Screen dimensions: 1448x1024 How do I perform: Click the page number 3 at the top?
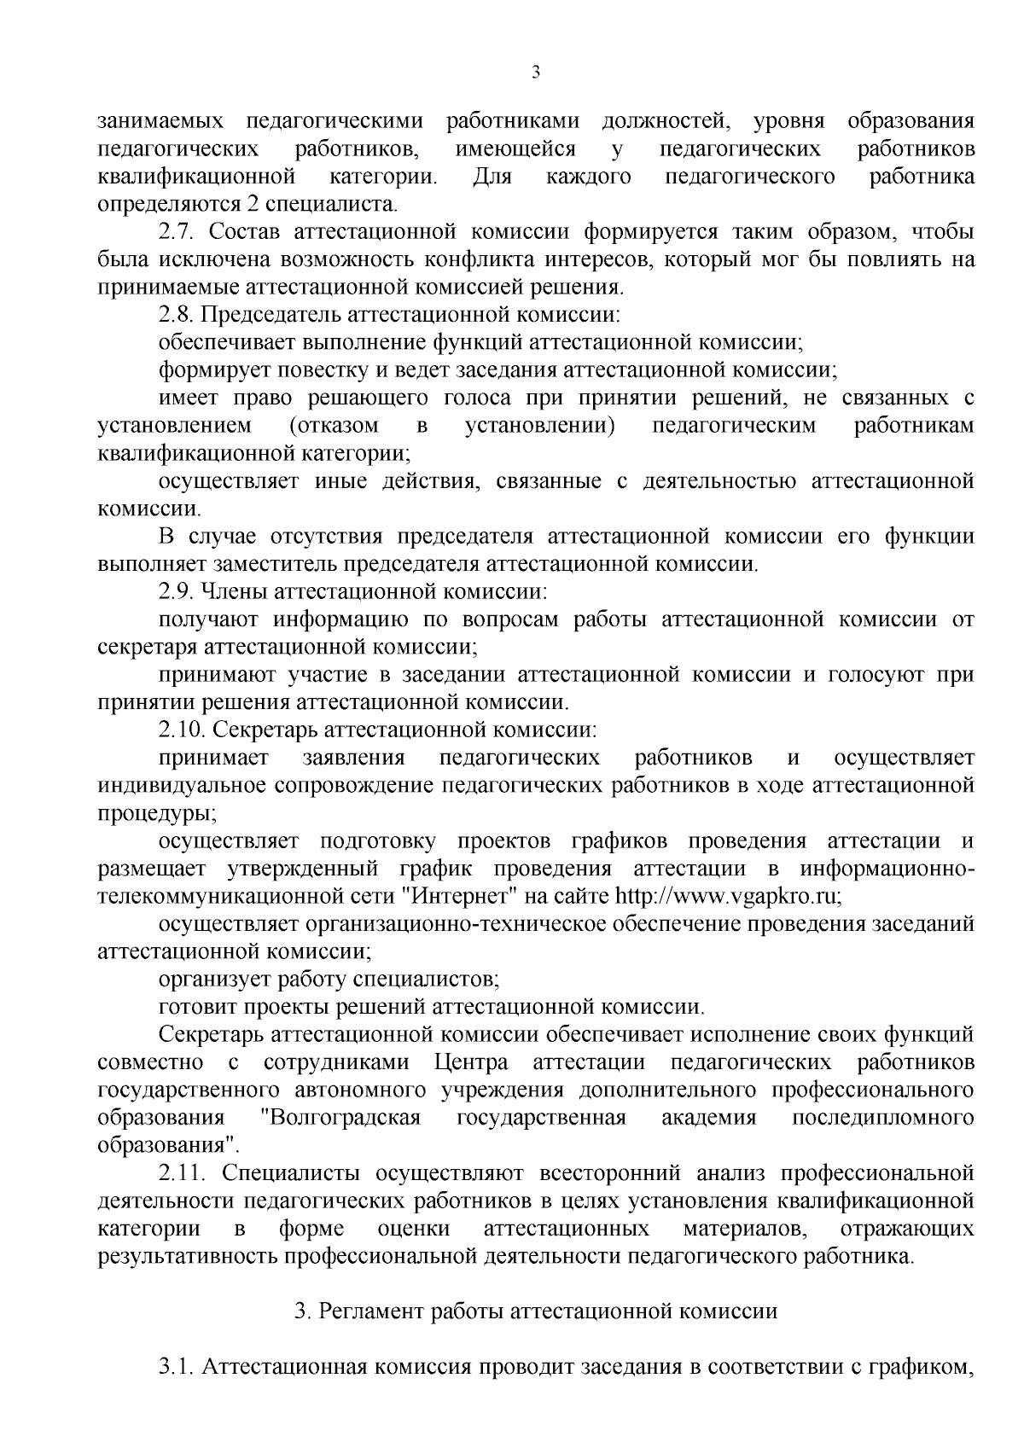click(x=536, y=73)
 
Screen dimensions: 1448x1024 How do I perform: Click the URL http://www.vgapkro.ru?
click(x=728, y=896)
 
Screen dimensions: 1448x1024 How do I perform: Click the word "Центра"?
click(x=472, y=1062)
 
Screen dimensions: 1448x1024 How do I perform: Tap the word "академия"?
click(x=709, y=1118)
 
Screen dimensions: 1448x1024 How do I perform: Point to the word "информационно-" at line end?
click(x=887, y=869)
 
